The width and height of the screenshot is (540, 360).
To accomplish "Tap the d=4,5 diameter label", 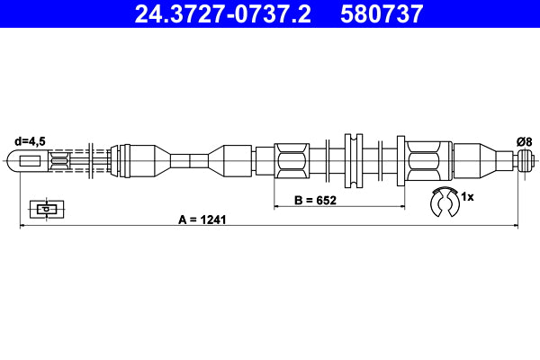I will tap(30, 140).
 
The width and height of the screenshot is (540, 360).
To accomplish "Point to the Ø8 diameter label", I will tap(524, 140).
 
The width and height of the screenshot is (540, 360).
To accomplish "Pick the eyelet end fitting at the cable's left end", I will tap(28, 162).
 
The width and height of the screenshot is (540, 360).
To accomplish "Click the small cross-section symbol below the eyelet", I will tap(44, 209).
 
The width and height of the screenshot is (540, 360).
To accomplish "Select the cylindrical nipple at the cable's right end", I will tap(526, 162).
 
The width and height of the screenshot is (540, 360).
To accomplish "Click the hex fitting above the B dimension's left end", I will tap(293, 162).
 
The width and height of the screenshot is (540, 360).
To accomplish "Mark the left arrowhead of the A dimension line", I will tap(22, 226).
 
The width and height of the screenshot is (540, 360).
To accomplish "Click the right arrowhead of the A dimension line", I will tap(516, 226).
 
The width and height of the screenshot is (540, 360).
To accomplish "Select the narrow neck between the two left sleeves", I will tap(189, 162).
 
